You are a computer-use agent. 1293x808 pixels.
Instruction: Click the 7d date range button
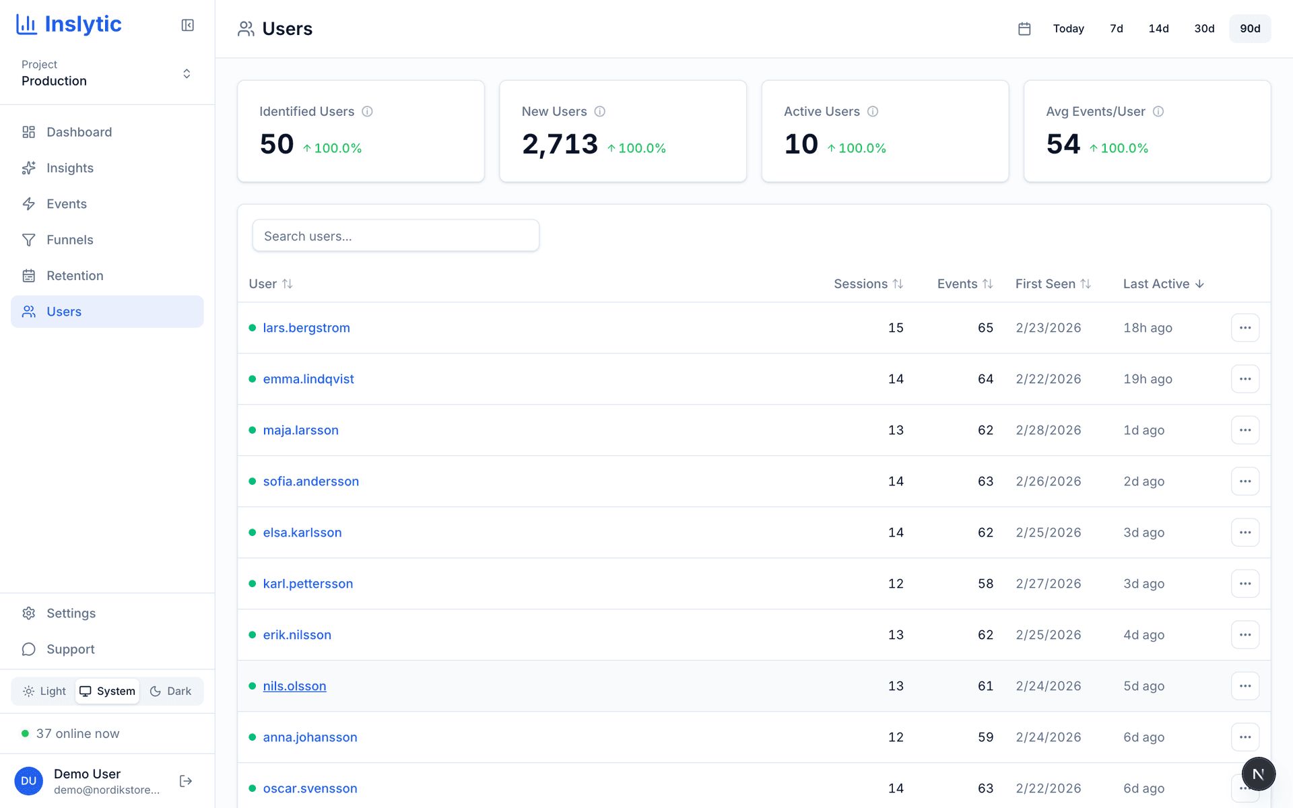tap(1116, 28)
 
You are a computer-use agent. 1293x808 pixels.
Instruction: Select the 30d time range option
tap(1204, 28)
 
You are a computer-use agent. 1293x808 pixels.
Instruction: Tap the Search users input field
tap(395, 236)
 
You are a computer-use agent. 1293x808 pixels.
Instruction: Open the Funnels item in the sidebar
tap(69, 240)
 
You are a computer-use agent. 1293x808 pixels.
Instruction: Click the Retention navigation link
tap(75, 275)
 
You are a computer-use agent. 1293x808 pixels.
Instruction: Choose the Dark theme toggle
tap(171, 691)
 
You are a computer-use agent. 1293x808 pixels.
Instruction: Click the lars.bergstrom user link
tap(306, 328)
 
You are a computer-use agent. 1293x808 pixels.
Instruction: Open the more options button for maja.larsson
tap(1245, 430)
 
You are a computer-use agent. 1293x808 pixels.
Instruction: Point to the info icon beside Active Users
tap(873, 112)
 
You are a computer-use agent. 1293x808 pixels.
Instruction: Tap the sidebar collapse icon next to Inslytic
tap(188, 26)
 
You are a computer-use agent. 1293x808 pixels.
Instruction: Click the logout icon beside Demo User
tap(186, 781)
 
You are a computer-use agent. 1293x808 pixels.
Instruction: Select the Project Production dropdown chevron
tap(187, 73)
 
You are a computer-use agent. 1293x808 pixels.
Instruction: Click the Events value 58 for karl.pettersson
tap(985, 584)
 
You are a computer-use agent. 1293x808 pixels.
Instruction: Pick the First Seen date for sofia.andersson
tap(1048, 481)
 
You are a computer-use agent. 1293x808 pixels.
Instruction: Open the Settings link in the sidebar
tap(71, 613)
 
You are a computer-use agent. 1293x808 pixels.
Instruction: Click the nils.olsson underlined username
tap(294, 686)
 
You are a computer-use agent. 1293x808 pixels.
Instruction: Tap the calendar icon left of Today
tap(1024, 28)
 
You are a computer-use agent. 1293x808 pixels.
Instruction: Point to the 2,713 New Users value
tap(560, 144)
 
